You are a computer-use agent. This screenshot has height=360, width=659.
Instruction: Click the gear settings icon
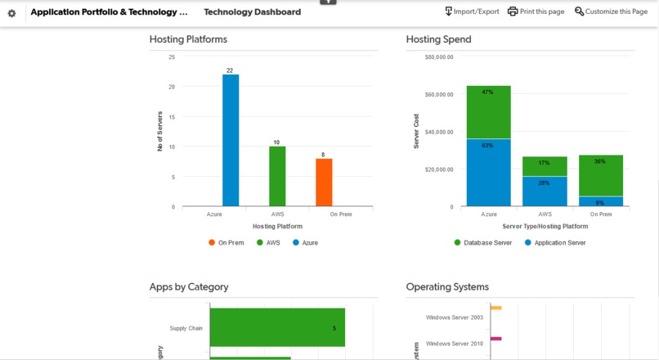[x=11, y=13]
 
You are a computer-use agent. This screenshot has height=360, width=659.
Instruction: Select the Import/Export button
[x=472, y=11]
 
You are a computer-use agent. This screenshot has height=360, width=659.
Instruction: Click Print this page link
[x=536, y=11]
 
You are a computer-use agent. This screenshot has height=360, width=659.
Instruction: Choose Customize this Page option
[x=611, y=11]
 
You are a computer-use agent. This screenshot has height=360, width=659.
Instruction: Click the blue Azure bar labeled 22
[x=231, y=140]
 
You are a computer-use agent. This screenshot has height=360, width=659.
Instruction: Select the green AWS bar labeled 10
[x=277, y=176]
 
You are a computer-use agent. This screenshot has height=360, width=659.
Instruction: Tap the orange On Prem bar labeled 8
[x=324, y=182]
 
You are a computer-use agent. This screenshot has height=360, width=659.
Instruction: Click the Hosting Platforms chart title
[x=188, y=39]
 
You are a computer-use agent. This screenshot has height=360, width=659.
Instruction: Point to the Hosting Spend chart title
[x=438, y=39]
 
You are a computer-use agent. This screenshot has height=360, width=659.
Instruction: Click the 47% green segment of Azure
[x=488, y=112]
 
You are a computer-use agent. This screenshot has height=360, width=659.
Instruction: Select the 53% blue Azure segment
[x=488, y=173]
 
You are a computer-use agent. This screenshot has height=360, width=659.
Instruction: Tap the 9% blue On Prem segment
[x=600, y=201]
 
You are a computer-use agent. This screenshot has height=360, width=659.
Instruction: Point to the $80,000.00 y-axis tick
[x=439, y=57]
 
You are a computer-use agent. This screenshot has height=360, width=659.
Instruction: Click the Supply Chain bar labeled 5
[x=277, y=328]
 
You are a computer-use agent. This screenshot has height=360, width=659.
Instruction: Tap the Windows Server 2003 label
[x=454, y=317]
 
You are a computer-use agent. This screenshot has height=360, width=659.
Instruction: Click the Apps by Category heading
[x=189, y=287]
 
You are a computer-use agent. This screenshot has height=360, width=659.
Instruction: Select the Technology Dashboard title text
[x=252, y=12]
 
